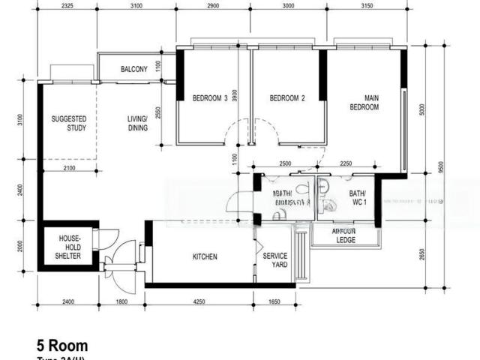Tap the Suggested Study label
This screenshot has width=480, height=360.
[69, 123]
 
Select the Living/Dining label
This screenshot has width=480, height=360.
[136, 123]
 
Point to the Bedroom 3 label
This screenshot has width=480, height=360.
[210, 98]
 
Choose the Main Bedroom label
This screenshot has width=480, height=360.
[364, 103]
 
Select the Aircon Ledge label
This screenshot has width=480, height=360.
[344, 236]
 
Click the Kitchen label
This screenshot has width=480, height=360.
[205, 257]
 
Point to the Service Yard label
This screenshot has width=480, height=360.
[275, 260]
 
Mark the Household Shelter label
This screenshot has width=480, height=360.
[69, 247]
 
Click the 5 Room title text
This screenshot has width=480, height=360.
[62, 346]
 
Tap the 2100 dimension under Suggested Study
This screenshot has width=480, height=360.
[69, 168]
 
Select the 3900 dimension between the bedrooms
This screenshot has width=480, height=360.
[235, 95]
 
